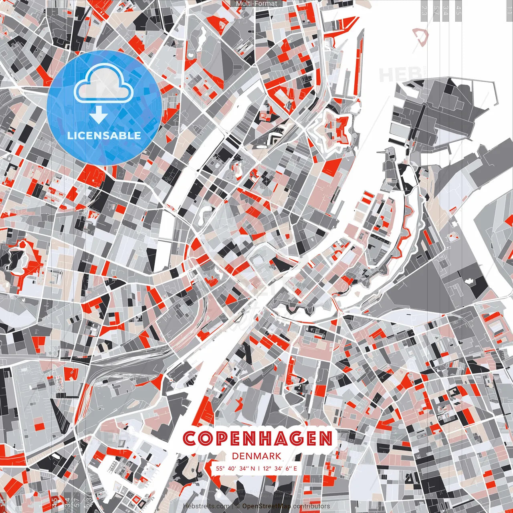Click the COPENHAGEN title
click(x=257, y=438)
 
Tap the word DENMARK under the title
click(x=256, y=456)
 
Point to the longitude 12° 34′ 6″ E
click(x=280, y=468)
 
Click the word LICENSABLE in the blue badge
click(x=104, y=135)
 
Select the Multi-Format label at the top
click(x=256, y=4)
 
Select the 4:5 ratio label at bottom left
click(x=55, y=502)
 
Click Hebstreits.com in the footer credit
click(x=206, y=506)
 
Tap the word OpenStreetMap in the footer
click(x=267, y=506)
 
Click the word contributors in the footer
click(x=311, y=506)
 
